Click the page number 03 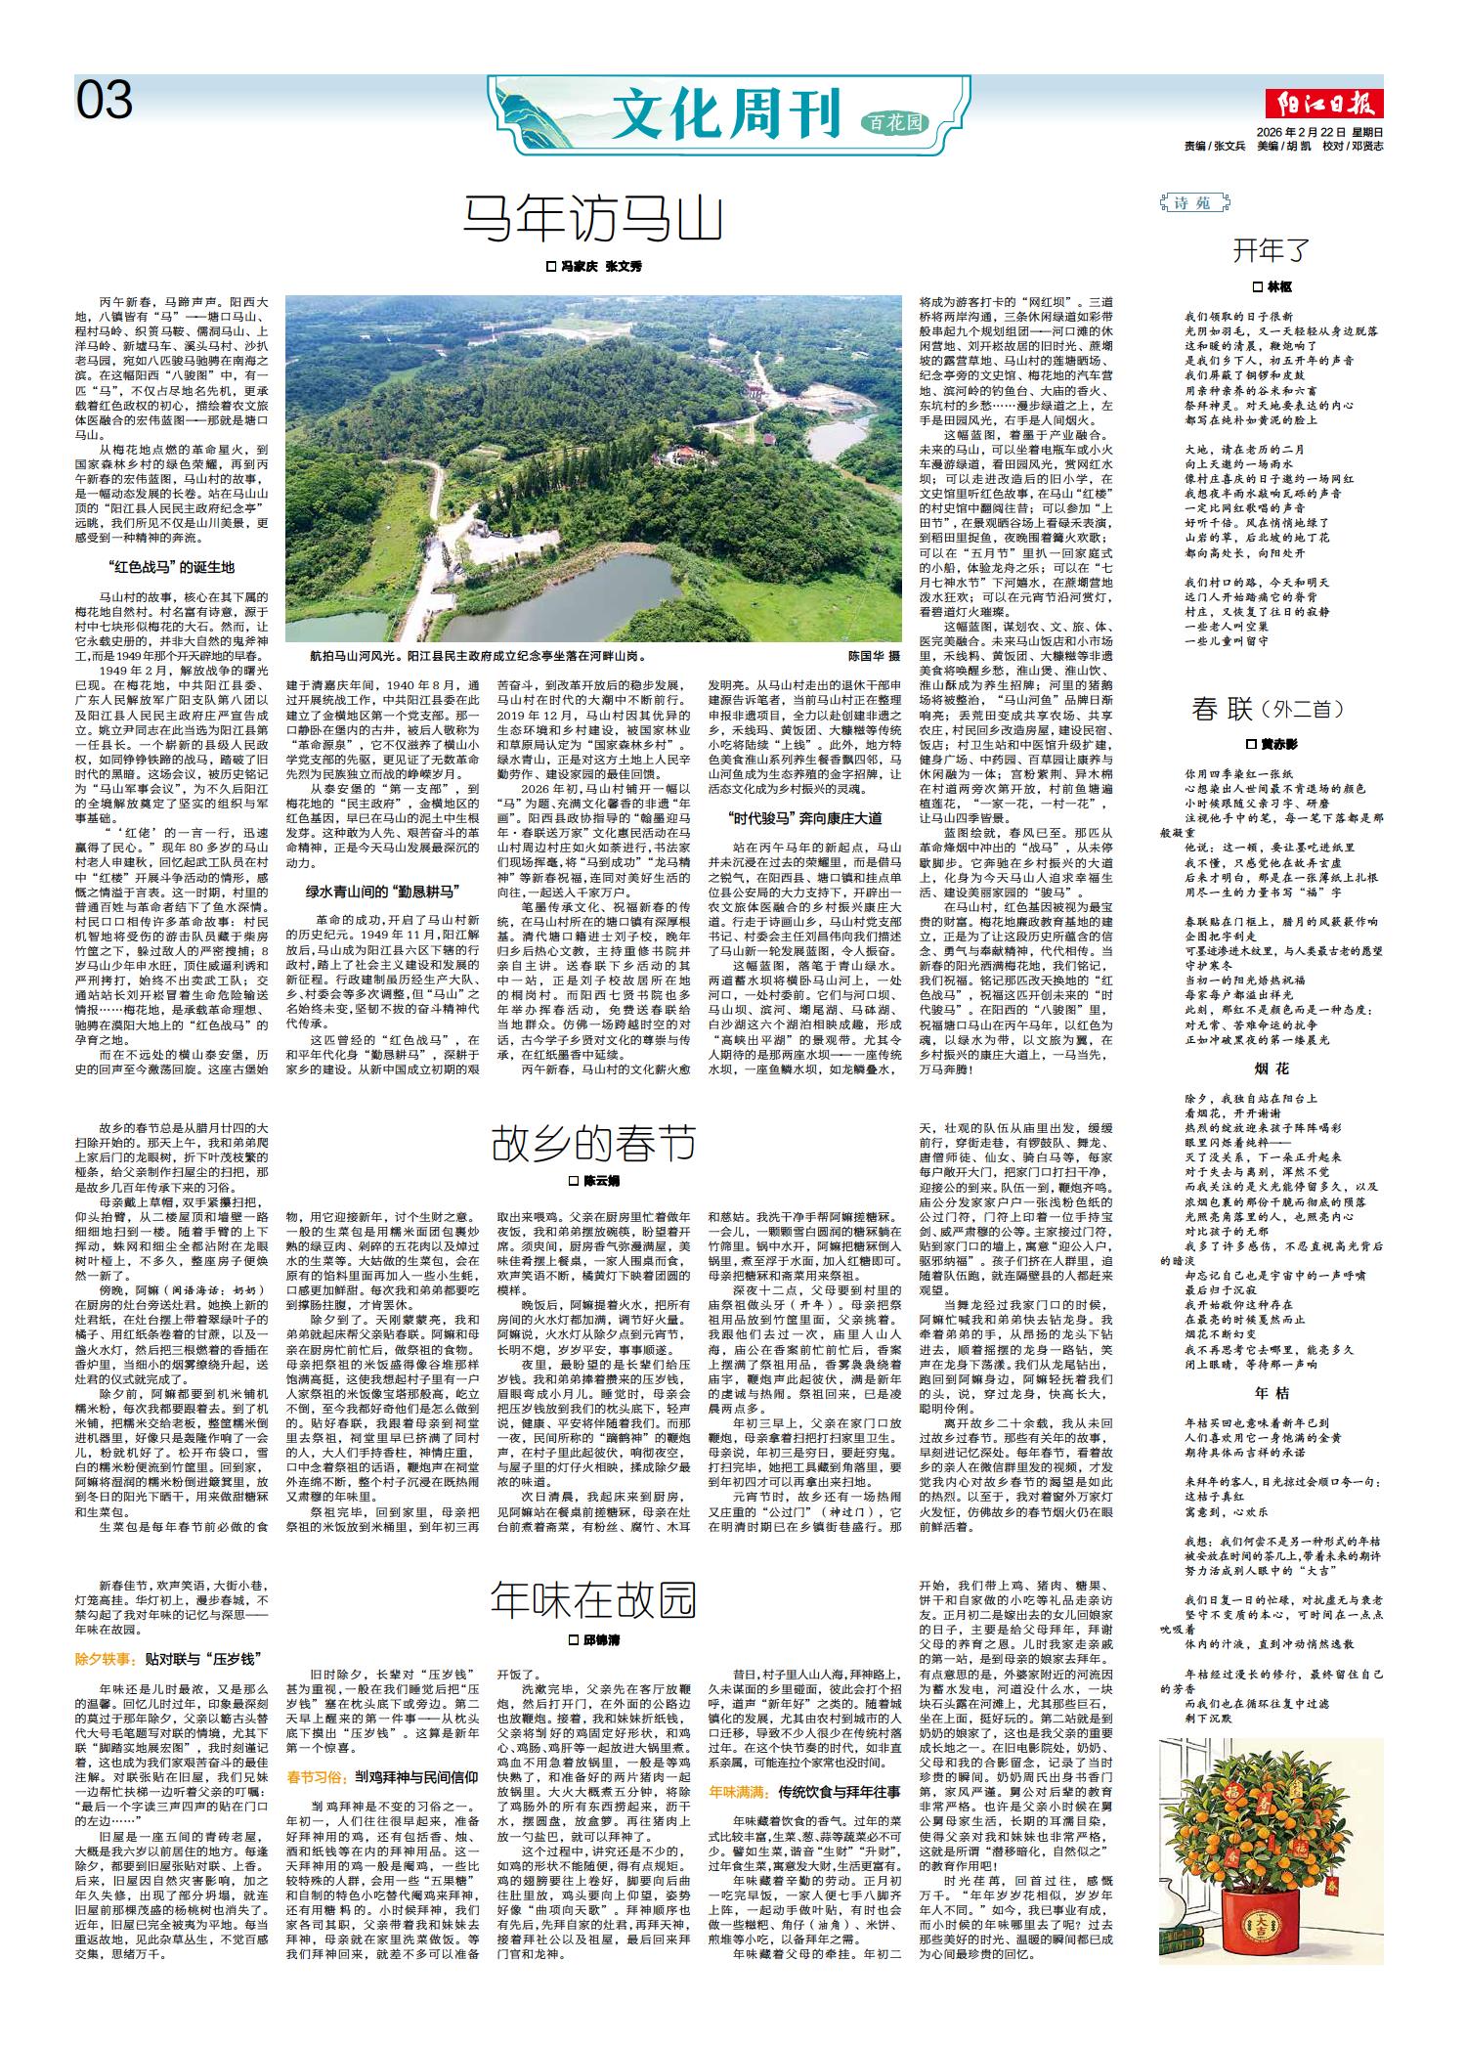tap(105, 100)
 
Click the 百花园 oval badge tap(894, 122)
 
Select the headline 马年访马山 tap(593, 220)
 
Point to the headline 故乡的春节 tap(593, 1143)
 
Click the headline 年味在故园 tap(593, 1600)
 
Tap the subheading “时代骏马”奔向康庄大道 tap(804, 816)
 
